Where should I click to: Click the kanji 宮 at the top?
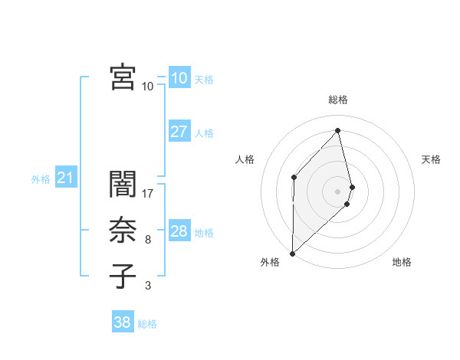pos(123,77)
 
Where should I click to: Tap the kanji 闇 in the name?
pos(123,185)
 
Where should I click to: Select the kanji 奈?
pos(123,231)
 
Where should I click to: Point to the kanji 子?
pos(123,277)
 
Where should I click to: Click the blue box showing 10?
pos(179,78)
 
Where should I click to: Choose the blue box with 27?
pos(179,132)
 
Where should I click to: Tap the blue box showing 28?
pos(179,231)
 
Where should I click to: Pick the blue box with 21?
pos(65,178)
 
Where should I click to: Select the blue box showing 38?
pos(122,322)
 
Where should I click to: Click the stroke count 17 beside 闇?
pos(148,194)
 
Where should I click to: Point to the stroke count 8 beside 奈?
pos(148,240)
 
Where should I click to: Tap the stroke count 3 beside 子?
pos(148,286)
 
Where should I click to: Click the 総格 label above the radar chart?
pos(338,100)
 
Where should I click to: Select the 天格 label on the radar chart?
pos(432,159)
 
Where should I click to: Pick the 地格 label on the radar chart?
pos(402,262)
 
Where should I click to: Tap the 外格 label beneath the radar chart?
pos(270,262)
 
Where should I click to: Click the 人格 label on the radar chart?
pos(245,159)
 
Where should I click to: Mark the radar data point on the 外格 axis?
pos(292,253)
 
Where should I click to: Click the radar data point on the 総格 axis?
pos(338,130)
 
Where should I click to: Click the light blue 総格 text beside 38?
pos(147,324)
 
